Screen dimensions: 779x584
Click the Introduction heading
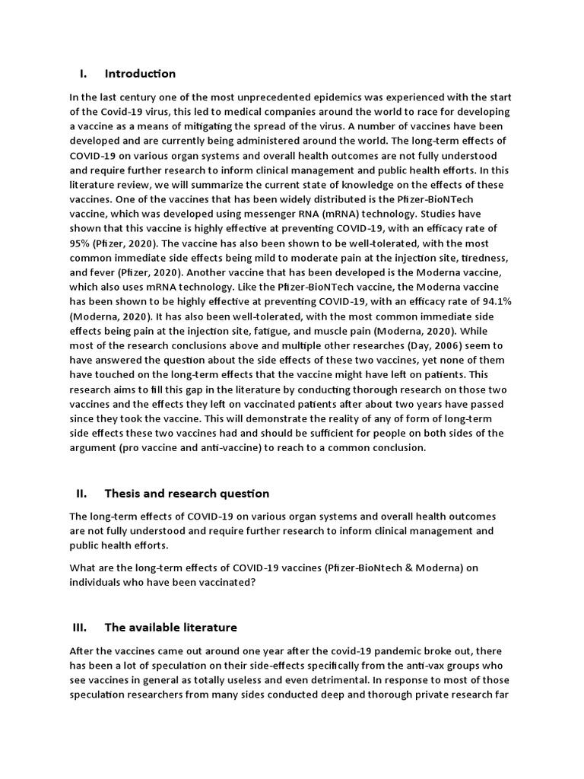(x=140, y=74)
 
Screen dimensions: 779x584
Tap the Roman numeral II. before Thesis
(x=82, y=494)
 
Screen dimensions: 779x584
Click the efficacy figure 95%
(x=81, y=242)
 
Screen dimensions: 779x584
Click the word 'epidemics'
(x=346, y=97)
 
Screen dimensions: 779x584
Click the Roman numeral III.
(x=81, y=628)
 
